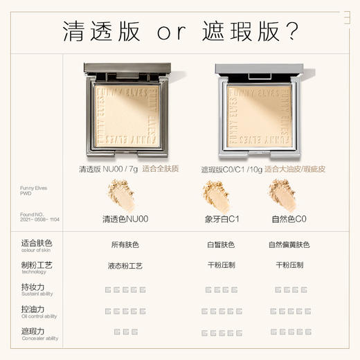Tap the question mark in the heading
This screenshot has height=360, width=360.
point(291,30)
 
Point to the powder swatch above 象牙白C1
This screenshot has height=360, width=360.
point(217,195)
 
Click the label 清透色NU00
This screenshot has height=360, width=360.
point(125,219)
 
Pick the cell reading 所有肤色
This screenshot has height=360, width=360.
point(125,245)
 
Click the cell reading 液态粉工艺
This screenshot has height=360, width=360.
point(125,267)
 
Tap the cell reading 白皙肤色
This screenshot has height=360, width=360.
point(220,245)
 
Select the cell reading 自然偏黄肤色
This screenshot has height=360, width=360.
point(289,245)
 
